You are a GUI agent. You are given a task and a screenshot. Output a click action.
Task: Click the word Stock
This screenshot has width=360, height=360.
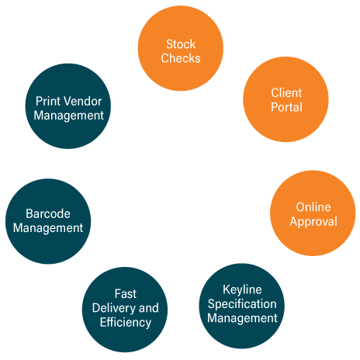[x=181, y=44]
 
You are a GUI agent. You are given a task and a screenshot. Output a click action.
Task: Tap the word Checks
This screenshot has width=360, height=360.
[x=181, y=58]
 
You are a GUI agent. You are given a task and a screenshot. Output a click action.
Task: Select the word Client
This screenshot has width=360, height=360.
[x=286, y=93]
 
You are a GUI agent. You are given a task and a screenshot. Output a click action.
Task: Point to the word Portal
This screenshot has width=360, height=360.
[x=286, y=107]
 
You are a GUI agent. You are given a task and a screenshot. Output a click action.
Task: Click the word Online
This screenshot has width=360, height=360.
[x=313, y=207]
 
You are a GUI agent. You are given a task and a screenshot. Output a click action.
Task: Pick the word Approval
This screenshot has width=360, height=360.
[x=313, y=222]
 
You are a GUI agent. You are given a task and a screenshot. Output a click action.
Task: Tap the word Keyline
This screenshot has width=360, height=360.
[x=242, y=290]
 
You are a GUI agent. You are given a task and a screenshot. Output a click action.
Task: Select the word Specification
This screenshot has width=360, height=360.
[x=242, y=304]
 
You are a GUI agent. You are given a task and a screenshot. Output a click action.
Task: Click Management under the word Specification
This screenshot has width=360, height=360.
[x=242, y=318]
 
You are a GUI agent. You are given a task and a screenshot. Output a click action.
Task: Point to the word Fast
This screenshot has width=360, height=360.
[x=126, y=294]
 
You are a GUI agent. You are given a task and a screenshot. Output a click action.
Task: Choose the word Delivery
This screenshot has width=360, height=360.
[x=114, y=309]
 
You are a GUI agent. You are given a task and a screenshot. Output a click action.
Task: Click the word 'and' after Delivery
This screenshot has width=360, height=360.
[x=149, y=308]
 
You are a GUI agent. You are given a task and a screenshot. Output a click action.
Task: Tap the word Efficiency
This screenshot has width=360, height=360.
[x=126, y=323]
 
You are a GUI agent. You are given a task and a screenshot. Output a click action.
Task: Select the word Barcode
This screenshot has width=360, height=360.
[x=48, y=214]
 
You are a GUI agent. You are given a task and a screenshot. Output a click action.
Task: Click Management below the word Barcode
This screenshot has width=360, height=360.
[x=48, y=228]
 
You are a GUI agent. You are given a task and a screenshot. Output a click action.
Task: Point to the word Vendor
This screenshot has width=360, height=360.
[x=84, y=101]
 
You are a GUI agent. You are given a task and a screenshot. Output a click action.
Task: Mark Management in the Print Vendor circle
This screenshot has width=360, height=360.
[x=69, y=116]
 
